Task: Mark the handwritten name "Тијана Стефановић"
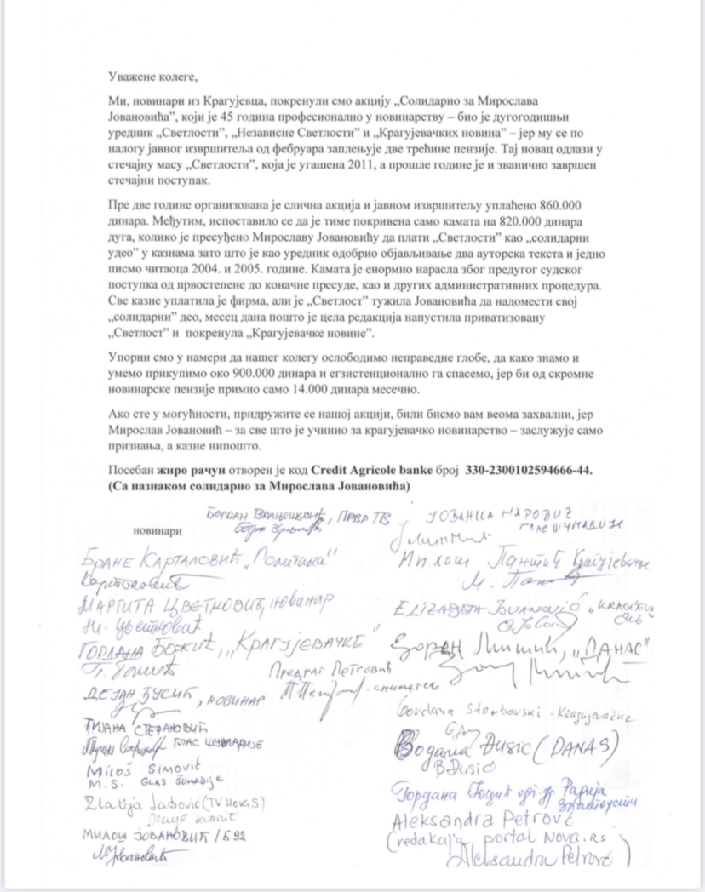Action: click(x=127, y=729)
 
